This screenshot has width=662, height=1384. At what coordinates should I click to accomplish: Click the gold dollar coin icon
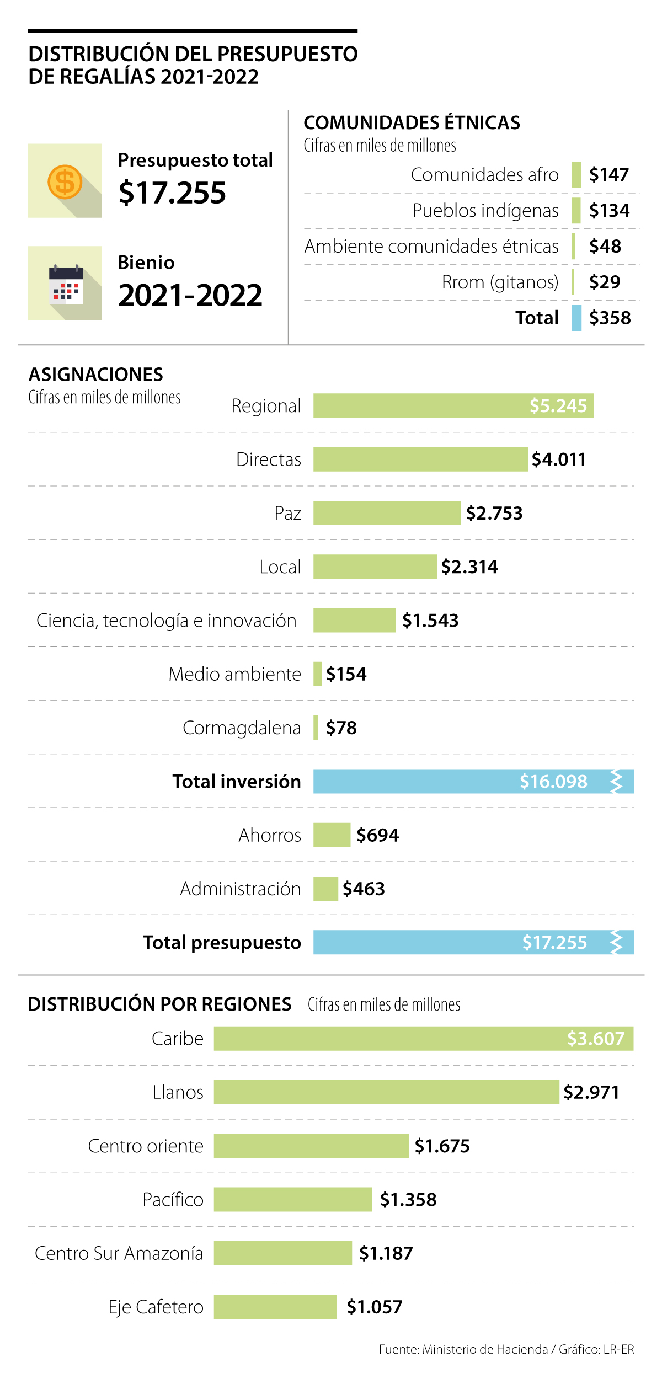tap(65, 181)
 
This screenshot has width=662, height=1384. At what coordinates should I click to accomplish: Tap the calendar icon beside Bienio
tap(66, 285)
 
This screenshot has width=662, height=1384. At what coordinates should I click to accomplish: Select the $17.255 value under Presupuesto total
tap(172, 193)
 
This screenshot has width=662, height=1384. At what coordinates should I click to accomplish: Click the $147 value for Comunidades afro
tap(609, 175)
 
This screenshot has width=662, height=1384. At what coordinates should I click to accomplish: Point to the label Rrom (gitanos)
tap(500, 282)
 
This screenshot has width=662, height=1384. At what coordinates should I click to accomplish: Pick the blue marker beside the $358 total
tap(576, 318)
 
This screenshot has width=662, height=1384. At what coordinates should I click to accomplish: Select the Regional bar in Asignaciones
tap(419, 405)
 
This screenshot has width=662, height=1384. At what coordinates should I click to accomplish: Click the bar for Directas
tap(420, 459)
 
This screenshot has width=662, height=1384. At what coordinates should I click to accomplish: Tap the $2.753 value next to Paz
tap(494, 513)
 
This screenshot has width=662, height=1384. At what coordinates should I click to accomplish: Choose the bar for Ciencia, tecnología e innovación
tap(354, 620)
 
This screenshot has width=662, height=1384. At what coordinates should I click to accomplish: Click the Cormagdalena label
tap(242, 728)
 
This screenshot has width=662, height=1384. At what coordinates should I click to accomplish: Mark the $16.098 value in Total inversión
tap(553, 781)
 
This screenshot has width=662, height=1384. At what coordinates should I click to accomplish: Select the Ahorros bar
tap(332, 835)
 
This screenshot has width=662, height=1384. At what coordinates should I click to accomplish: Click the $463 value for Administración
tap(364, 889)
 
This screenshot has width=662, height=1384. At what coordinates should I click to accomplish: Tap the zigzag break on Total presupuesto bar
tap(616, 942)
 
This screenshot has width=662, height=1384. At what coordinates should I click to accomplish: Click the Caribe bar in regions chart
tap(386, 1038)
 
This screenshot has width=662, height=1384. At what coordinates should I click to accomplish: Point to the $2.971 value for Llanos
tap(591, 1092)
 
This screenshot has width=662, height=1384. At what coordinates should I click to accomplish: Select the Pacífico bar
tap(292, 1199)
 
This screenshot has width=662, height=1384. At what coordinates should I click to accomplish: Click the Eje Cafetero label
tap(156, 1307)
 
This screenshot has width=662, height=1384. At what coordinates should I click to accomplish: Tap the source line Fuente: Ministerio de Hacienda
tap(463, 1349)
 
